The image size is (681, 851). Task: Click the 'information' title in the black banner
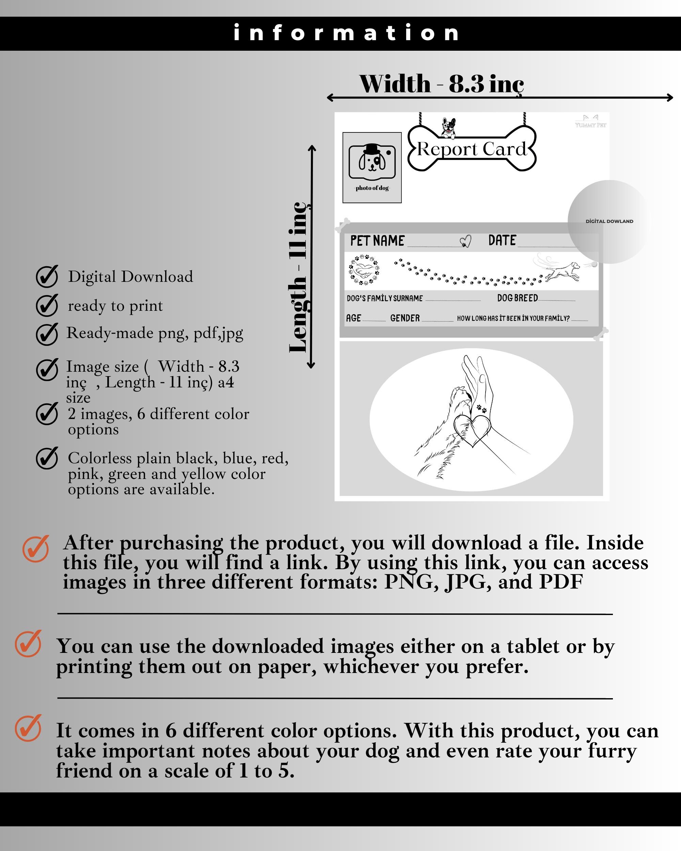tap(346, 33)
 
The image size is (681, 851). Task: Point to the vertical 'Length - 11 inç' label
tap(299, 276)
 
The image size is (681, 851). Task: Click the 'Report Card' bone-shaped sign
tap(472, 149)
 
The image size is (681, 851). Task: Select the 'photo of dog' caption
tap(372, 188)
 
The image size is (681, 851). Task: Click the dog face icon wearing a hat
tap(372, 160)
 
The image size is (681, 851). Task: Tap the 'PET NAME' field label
tap(377, 240)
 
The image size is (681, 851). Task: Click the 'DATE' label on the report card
tap(502, 240)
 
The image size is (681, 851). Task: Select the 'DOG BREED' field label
tap(517, 298)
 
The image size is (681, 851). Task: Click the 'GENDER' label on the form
tap(405, 318)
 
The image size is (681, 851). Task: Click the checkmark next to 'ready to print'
tap(47, 305)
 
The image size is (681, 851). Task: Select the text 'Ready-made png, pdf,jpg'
tap(154, 333)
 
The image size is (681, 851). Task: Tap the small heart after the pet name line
tap(466, 241)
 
